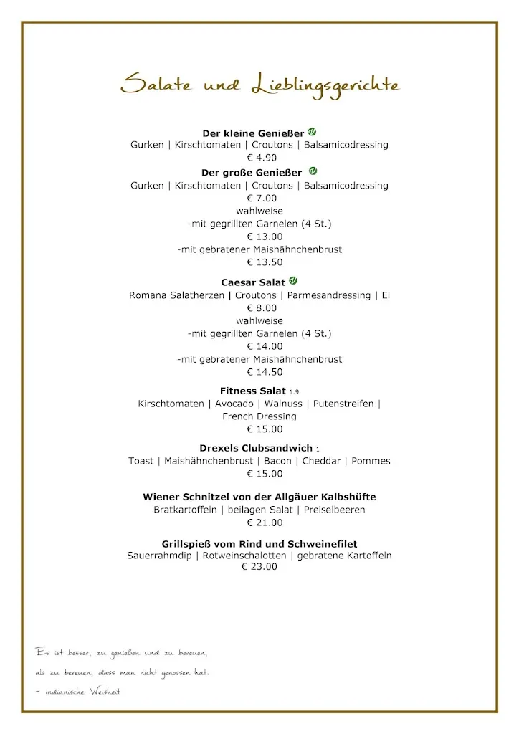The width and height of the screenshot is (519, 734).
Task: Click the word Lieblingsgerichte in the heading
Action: tap(325, 85)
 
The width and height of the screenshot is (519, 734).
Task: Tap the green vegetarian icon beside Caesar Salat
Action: tap(293, 281)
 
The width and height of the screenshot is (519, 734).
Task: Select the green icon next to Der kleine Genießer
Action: tap(312, 132)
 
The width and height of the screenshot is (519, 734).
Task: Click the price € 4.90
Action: tap(262, 158)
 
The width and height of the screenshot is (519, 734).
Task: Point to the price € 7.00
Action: tap(262, 199)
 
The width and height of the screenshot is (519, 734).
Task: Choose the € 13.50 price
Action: tap(259, 262)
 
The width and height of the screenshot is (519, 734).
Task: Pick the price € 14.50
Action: tap(259, 372)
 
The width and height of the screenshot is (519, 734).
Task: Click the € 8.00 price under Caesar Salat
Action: tap(262, 308)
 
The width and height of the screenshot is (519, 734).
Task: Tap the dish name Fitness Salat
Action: tap(253, 391)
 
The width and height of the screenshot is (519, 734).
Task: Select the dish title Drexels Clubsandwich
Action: tap(256, 448)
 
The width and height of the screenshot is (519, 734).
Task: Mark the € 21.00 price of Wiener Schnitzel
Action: tap(259, 523)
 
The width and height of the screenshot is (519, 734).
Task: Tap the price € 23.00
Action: tap(259, 567)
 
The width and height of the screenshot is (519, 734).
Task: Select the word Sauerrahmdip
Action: tap(160, 556)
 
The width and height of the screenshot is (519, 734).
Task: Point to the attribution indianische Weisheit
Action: tap(82, 692)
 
